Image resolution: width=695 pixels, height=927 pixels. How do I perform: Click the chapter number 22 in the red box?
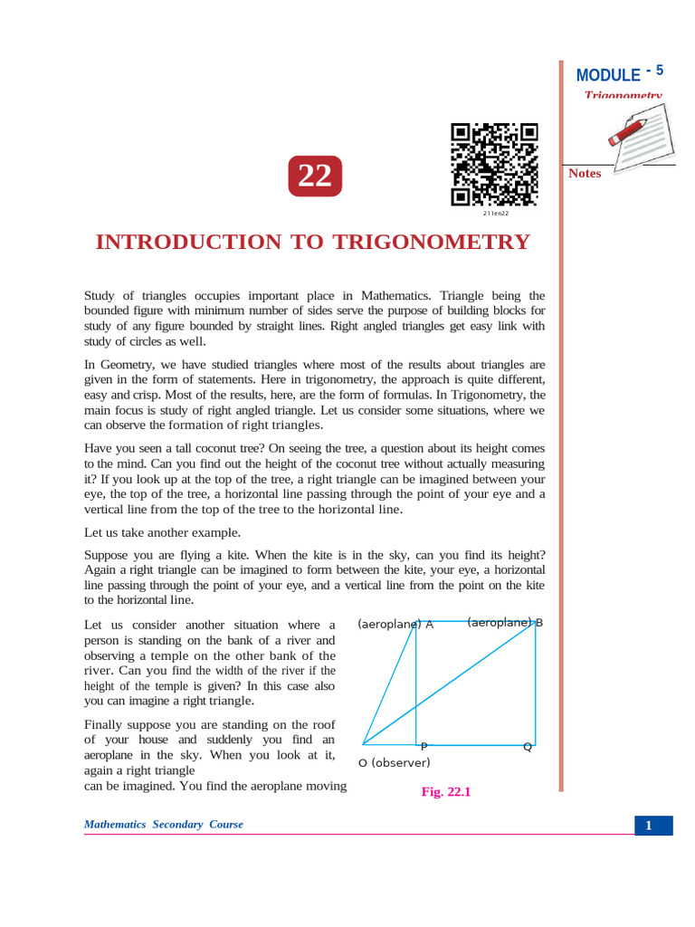coord(315,176)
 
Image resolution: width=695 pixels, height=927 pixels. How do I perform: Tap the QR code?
coord(494,164)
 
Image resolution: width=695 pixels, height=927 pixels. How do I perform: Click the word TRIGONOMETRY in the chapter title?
coord(433,243)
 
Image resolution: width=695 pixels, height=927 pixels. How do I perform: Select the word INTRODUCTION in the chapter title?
coord(188,243)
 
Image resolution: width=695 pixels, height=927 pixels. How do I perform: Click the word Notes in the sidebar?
coord(585,173)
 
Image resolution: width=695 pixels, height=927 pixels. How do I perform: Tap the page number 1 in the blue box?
coord(649,825)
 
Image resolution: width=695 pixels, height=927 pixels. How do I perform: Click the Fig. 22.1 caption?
coord(446,791)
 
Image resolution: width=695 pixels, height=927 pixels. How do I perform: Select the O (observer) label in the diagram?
coord(395,762)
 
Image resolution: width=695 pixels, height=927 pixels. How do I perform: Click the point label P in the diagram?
coord(424,747)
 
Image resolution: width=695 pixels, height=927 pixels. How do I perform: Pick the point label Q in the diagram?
coord(527,747)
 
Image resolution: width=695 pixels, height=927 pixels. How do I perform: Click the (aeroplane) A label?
coord(395,624)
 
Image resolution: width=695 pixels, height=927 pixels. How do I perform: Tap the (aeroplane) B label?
coord(505,623)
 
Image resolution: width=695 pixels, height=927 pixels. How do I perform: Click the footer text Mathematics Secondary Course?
coord(163,825)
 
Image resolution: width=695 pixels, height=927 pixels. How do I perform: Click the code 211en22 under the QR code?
coord(495,214)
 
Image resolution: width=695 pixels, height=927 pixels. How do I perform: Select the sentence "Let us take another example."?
coord(162,532)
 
